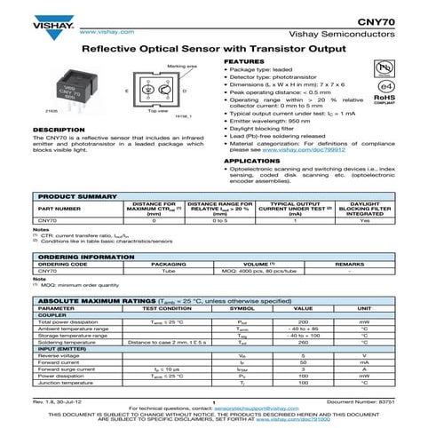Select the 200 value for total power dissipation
click(302, 321)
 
